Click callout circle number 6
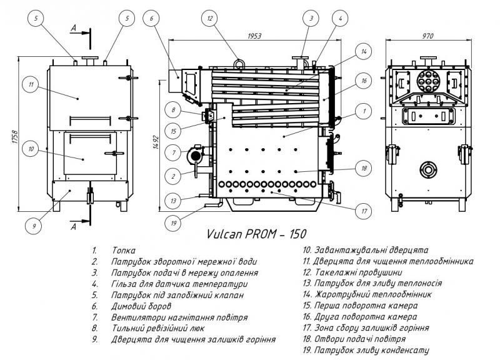coord(151,19)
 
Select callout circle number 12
coord(210,19)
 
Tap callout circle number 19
coord(174,222)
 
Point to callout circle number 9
coord(34,226)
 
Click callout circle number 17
coord(364,211)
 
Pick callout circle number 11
coord(31,84)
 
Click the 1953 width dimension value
coord(254,36)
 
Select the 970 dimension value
coord(428,36)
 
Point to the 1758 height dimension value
coord(15,137)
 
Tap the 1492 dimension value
coord(156,144)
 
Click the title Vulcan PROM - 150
coord(256,234)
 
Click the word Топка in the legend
coord(123,251)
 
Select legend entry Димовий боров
coord(141,306)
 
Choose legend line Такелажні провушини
coord(352,272)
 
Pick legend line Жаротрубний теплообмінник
coord(367,294)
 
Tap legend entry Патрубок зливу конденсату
coord(366,350)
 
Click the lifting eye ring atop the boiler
coord(239,63)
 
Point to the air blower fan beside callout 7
coord(195,156)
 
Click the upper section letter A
coord(73,28)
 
